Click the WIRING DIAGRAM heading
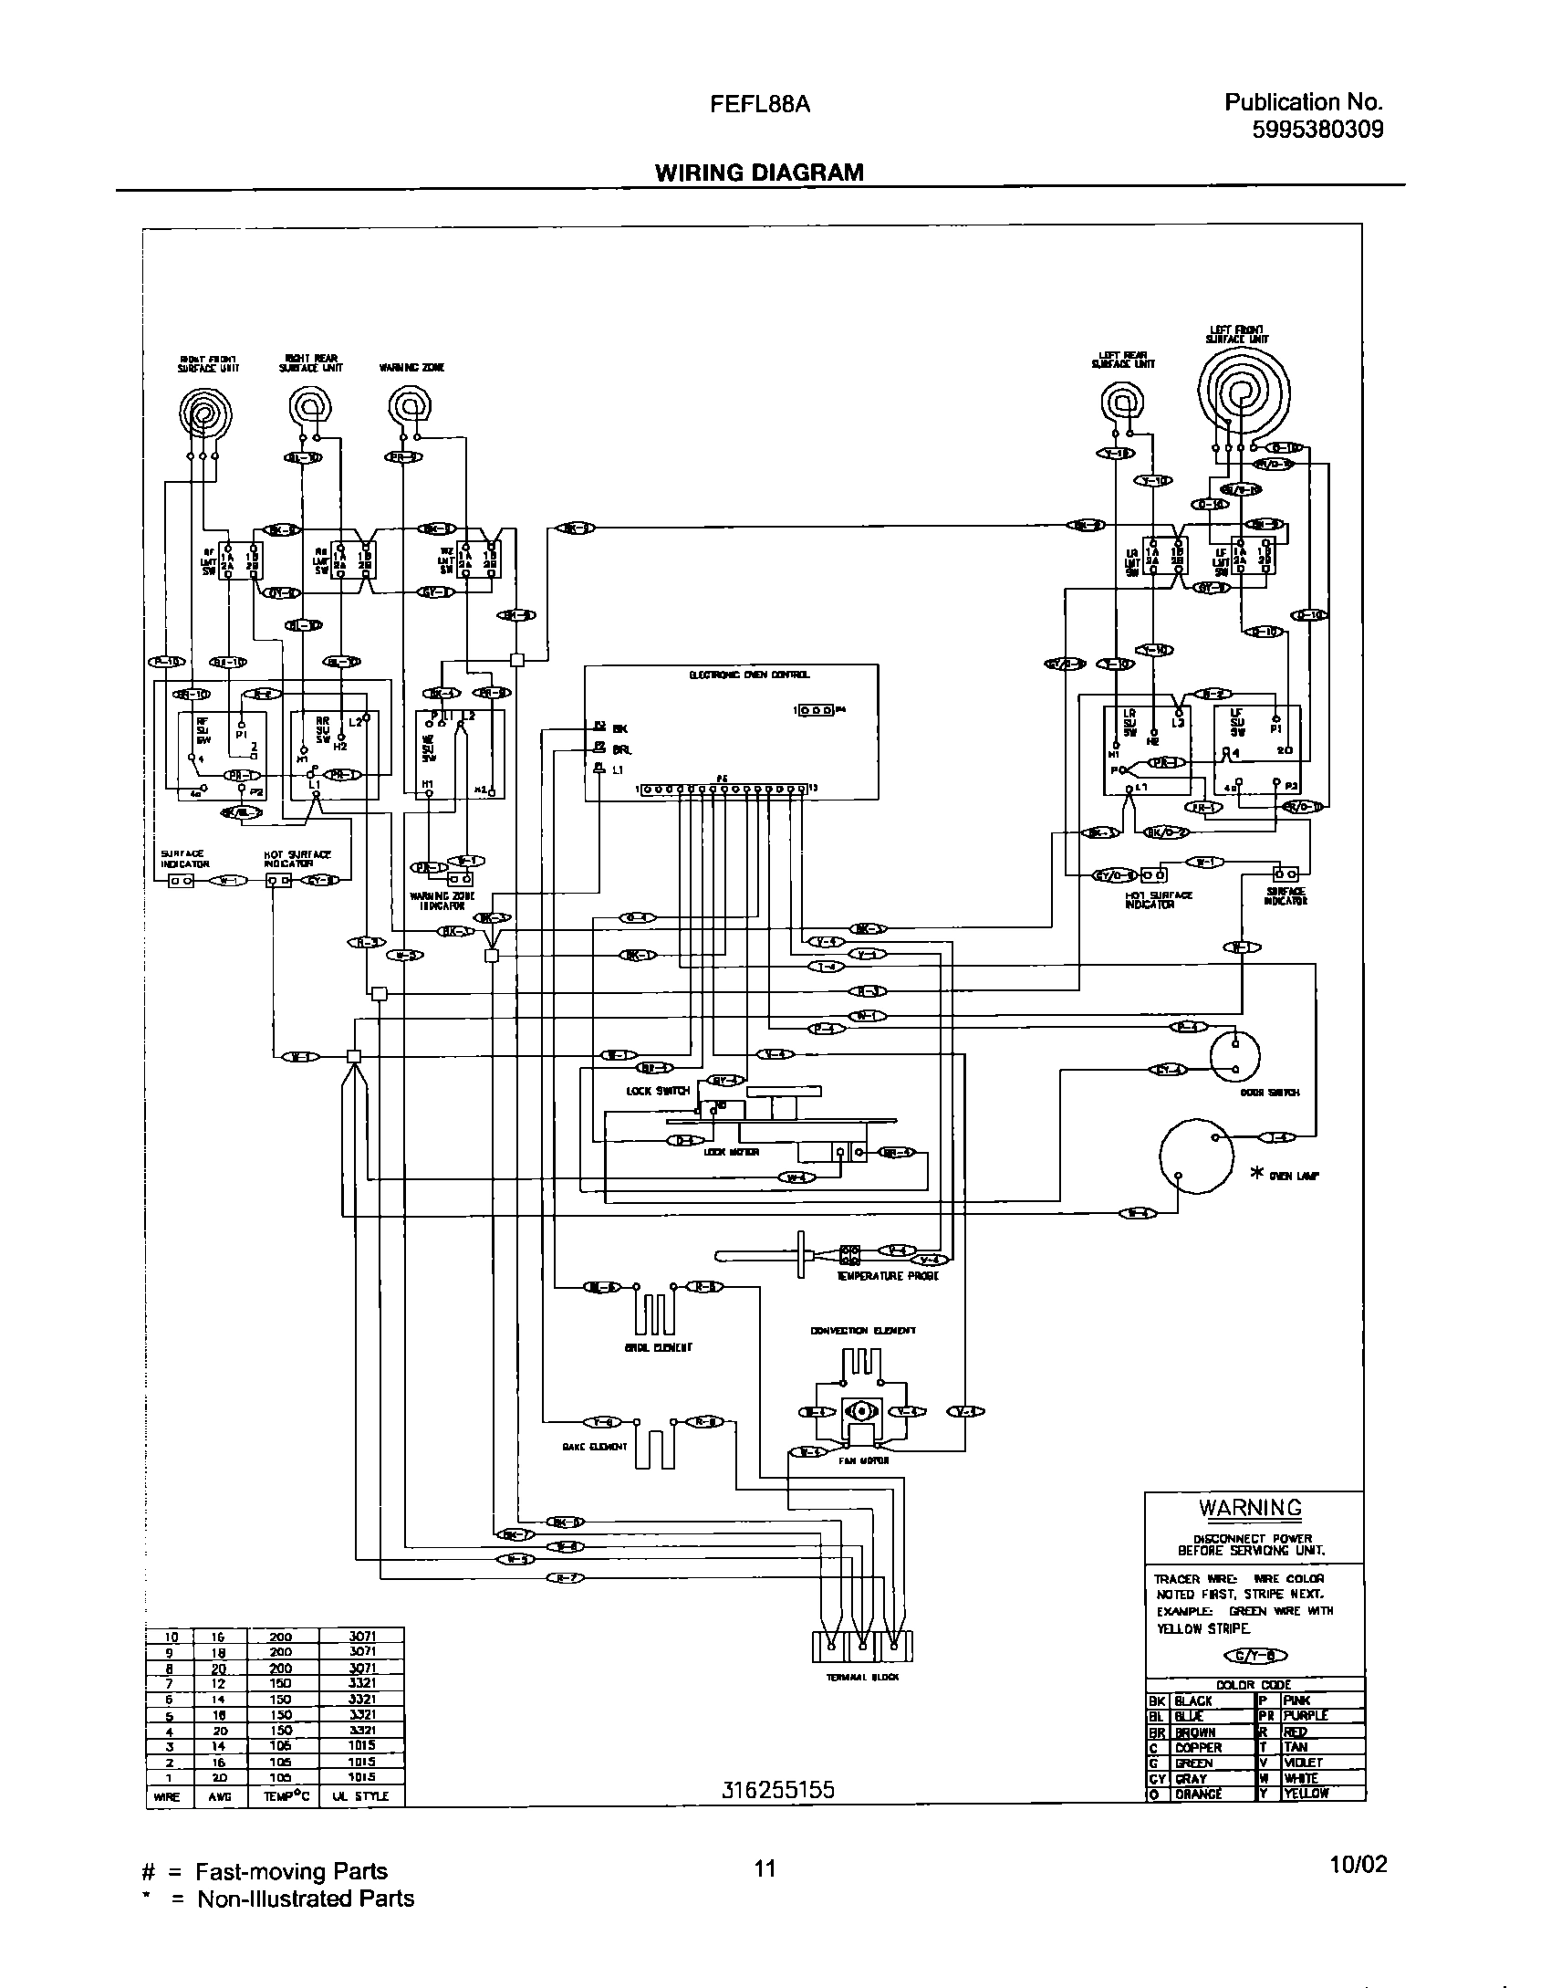(758, 173)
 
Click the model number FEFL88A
(760, 104)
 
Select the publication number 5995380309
(1317, 129)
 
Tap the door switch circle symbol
(1235, 1055)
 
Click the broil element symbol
(653, 1313)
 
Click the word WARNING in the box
(1250, 1508)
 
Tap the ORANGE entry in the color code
(1198, 1794)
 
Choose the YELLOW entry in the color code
(1306, 1794)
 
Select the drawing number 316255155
(777, 1790)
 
